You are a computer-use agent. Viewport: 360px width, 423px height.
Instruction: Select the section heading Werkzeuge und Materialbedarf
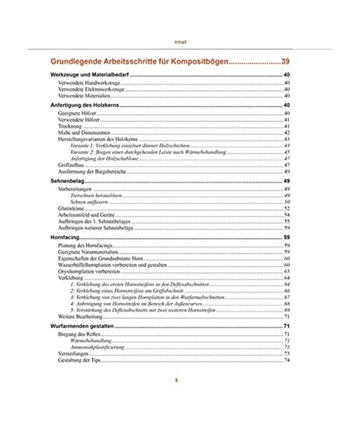click(x=88, y=76)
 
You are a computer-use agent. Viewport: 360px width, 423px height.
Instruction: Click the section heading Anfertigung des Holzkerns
click(x=85, y=105)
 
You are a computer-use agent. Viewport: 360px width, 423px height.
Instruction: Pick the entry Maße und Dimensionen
click(x=81, y=133)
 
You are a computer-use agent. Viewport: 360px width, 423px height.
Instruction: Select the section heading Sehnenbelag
click(x=66, y=182)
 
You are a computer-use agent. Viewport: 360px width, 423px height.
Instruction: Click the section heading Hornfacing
click(x=65, y=237)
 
